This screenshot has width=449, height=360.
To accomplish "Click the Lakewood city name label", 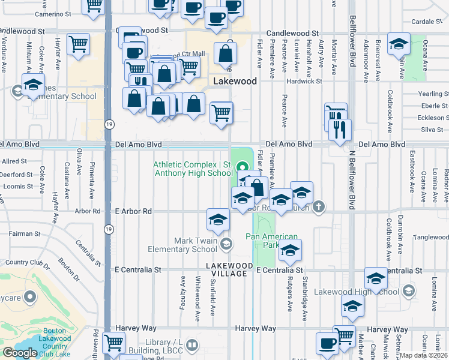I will coord(236,81).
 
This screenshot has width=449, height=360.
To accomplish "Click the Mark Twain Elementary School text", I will coord(195,245).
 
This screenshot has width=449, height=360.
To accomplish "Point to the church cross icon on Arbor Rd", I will coord(319,208).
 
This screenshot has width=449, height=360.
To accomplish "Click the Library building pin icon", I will coord(191,345).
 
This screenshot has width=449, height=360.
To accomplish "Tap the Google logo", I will coord(20,353).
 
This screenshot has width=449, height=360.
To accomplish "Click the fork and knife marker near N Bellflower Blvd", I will coord(340,130).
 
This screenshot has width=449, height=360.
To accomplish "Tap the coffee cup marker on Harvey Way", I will coord(328,343).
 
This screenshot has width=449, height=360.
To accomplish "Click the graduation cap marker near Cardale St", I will coord(399,44).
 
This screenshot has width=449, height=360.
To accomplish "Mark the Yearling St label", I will coord(434,94).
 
